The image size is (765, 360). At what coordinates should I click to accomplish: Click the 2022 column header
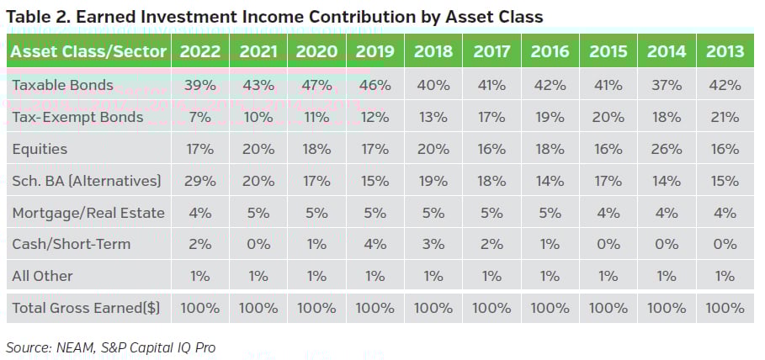click(x=200, y=51)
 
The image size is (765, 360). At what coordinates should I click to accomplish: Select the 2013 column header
click(x=725, y=51)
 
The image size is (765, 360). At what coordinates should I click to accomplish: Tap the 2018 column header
click(x=433, y=51)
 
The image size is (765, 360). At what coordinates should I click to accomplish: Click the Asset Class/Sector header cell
click(x=88, y=51)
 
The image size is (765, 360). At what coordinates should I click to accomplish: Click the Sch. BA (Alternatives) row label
click(x=85, y=181)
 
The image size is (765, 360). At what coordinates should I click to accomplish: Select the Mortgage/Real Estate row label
click(x=88, y=213)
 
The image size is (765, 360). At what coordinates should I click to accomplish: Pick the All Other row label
click(x=42, y=276)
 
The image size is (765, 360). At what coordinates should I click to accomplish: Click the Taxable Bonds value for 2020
click(x=316, y=86)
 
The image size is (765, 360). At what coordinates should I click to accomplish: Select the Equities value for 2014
click(x=667, y=149)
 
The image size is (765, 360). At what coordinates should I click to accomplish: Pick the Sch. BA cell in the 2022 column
click(x=200, y=181)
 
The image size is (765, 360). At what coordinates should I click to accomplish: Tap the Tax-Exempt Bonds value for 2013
click(x=725, y=117)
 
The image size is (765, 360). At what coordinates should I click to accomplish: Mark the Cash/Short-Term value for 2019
click(x=375, y=244)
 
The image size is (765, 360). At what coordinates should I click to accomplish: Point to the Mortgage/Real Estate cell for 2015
click(x=608, y=213)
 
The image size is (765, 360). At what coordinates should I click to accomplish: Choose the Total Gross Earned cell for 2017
click(x=491, y=308)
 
